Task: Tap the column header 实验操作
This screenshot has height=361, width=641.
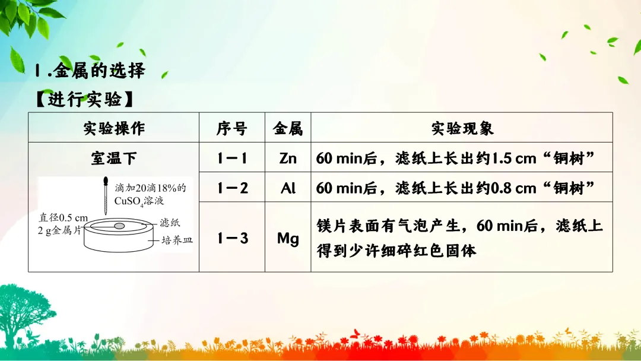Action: (113, 128)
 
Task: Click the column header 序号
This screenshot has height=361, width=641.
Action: (232, 128)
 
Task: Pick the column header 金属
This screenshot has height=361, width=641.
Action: (288, 128)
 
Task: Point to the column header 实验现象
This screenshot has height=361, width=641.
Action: (462, 128)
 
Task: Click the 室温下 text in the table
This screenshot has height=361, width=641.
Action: (113, 158)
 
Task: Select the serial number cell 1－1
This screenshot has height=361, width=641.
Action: (232, 158)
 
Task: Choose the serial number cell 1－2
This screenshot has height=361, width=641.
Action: (232, 188)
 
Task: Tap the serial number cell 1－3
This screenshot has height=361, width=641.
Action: (232, 238)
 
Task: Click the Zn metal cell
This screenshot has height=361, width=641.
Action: (288, 158)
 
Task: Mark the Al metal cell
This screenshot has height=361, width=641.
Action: (288, 188)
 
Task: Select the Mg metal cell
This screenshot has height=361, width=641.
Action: (288, 238)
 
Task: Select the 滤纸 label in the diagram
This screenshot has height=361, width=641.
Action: (170, 223)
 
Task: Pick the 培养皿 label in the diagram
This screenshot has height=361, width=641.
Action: (177, 240)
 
